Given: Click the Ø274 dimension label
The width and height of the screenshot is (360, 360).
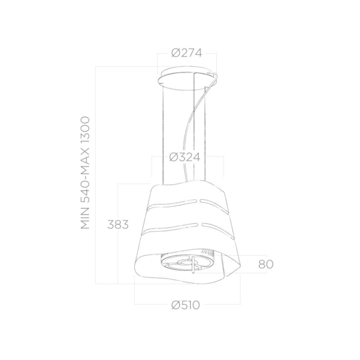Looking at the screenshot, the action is tap(186, 53).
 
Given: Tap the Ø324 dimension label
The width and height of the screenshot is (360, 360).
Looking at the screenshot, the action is tap(185, 157).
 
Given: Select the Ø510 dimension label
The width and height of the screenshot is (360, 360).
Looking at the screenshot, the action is tap(186, 305).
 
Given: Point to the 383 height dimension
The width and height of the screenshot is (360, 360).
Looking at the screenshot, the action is tap(118, 225).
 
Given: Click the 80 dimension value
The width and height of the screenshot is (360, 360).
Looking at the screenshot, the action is tap(266, 264).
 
